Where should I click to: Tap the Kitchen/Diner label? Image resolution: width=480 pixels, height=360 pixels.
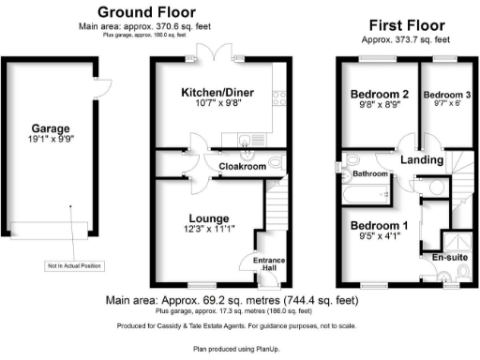[212, 93]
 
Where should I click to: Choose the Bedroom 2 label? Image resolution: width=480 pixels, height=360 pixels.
[379, 95]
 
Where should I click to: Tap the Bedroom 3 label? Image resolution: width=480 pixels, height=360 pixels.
[444, 95]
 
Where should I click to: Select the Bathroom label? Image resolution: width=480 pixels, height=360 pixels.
[369, 174]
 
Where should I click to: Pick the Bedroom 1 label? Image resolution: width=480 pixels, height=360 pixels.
[379, 225]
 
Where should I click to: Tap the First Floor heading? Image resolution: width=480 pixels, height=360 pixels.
[406, 27]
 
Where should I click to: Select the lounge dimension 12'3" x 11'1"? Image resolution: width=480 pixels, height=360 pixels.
[197, 229]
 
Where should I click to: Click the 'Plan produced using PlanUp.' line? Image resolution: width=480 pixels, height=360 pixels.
[239, 347]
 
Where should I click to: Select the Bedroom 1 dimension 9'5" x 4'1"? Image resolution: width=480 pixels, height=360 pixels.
[379, 237]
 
